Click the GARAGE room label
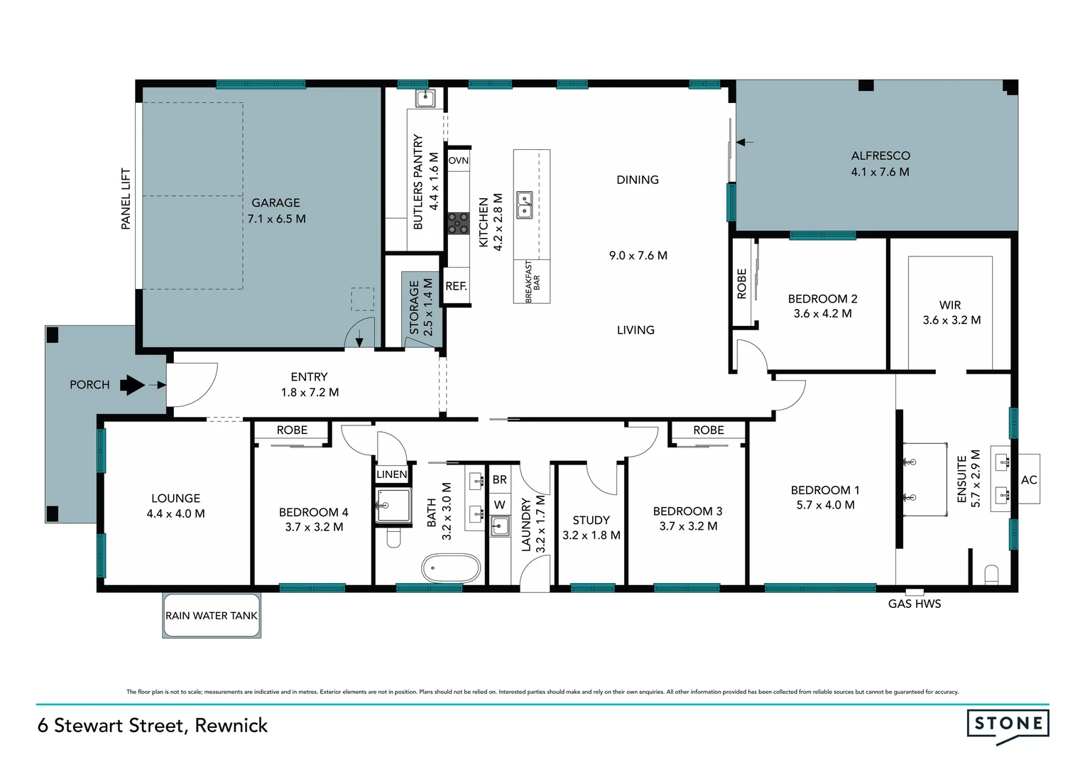[276, 203]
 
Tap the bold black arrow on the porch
[132, 386]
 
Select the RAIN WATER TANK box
[212, 616]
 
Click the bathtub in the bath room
[451, 569]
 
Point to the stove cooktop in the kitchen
[458, 224]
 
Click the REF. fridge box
[456, 286]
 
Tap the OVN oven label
[459, 161]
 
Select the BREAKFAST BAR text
[532, 281]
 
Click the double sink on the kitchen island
[525, 205]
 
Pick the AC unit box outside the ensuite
[1029, 480]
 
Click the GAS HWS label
[915, 604]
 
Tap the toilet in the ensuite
[992, 574]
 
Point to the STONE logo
[1008, 724]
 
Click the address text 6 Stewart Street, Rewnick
[153, 725]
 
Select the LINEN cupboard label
[392, 474]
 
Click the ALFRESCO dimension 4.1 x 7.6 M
[880, 172]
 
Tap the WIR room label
[950, 305]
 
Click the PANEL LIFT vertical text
[126, 199]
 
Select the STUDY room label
[591, 521]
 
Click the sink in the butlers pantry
[425, 97]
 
